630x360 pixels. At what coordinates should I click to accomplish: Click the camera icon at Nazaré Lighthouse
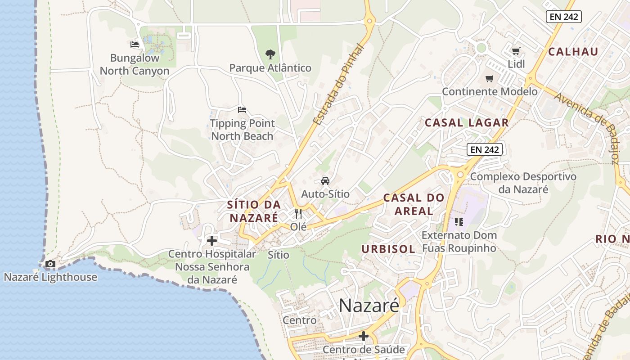(50, 264)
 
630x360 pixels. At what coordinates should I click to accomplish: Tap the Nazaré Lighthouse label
(50, 277)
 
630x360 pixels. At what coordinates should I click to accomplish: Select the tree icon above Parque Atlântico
(270, 55)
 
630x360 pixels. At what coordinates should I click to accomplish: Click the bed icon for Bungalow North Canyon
(135, 45)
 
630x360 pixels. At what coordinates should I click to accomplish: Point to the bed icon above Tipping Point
(242, 110)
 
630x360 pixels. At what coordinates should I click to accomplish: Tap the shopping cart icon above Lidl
(516, 51)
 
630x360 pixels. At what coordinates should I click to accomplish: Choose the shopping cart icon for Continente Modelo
(490, 79)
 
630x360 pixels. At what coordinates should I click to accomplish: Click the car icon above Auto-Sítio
(325, 181)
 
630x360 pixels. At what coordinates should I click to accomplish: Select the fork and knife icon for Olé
(298, 213)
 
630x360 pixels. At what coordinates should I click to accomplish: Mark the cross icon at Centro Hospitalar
(212, 241)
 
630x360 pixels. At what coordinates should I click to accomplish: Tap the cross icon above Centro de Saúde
(364, 336)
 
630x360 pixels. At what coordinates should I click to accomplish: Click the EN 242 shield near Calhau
(564, 17)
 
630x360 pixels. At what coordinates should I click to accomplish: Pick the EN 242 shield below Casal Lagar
(484, 149)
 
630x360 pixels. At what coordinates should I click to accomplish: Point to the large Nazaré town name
(369, 306)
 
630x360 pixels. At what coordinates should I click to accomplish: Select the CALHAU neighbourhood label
(573, 51)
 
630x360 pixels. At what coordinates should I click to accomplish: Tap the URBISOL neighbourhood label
(388, 249)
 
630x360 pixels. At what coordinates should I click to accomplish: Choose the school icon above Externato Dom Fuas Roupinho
(459, 221)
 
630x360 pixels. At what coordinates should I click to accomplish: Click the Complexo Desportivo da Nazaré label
(523, 183)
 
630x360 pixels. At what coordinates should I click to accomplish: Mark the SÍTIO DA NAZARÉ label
(254, 211)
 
